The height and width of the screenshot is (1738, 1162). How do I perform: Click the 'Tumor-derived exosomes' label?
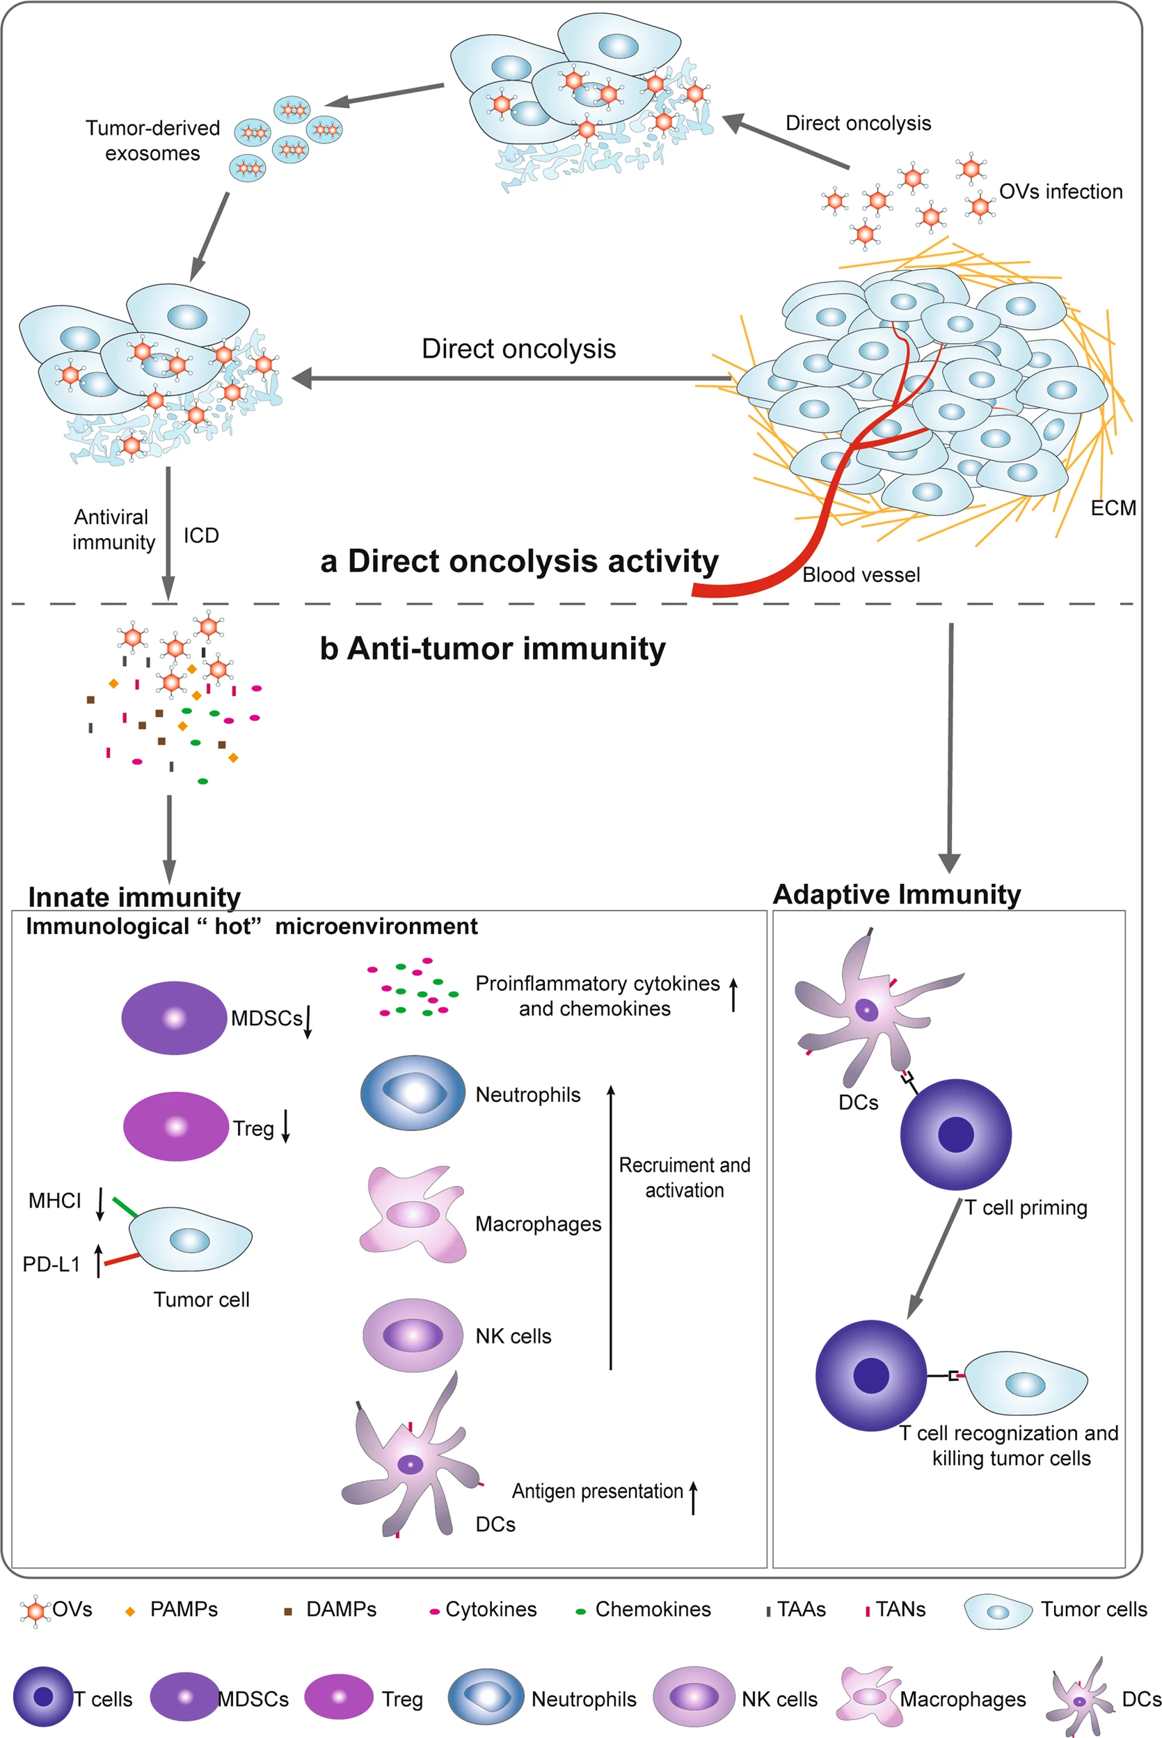coord(152,140)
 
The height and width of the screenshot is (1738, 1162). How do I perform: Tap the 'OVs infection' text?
coord(1060,191)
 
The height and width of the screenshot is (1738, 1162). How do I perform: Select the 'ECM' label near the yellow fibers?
coord(1113,507)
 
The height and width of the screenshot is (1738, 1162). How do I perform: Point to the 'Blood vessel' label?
coord(861,574)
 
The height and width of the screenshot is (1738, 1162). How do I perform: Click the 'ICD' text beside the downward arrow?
coord(201,535)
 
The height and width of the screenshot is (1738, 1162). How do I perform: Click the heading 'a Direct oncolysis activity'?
coord(519,561)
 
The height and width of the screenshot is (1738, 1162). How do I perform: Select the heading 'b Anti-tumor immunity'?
coord(492,649)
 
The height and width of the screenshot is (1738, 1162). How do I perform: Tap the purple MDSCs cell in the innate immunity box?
coord(174,1018)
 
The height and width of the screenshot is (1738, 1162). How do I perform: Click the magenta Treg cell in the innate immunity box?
coord(175,1127)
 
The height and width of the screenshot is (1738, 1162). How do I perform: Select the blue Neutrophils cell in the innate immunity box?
coord(413,1093)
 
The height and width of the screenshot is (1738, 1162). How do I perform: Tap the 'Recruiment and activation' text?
coord(684,1177)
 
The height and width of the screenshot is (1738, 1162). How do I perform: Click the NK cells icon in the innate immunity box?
coord(413,1335)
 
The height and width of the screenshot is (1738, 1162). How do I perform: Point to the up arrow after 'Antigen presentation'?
coord(694,1497)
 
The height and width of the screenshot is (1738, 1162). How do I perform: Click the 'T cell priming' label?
coord(1026,1208)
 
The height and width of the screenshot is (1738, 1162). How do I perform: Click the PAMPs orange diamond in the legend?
coord(130,1611)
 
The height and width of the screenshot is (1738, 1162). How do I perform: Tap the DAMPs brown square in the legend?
coord(288,1611)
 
